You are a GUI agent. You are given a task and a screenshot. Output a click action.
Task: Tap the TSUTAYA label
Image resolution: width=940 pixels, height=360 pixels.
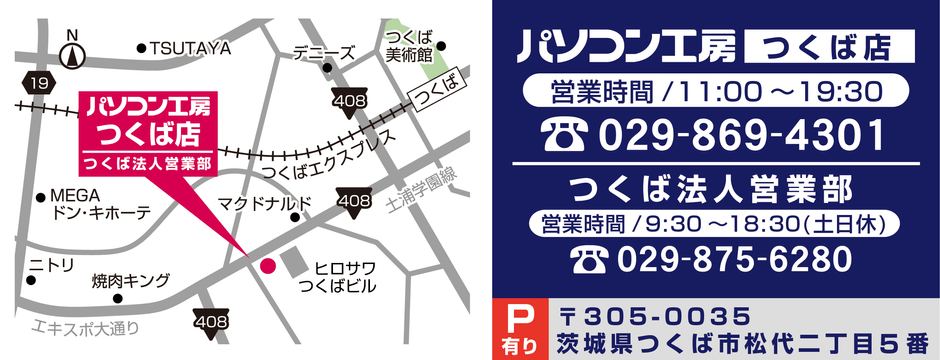coord(189,47)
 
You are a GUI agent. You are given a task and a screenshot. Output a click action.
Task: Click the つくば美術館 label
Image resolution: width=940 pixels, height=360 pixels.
coord(408,44)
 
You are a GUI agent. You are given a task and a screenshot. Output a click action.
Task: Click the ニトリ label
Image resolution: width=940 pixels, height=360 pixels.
coord(52,264)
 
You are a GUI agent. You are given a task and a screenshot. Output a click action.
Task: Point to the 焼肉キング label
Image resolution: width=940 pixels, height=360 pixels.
coord(130,280)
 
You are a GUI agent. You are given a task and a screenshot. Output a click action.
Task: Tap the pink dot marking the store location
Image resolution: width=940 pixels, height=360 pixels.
coord(267,265)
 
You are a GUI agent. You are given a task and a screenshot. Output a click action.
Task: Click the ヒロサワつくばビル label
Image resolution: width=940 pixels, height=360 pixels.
coord(345,277)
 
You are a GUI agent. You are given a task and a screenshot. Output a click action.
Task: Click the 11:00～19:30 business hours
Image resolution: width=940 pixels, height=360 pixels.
coord(780,92)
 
